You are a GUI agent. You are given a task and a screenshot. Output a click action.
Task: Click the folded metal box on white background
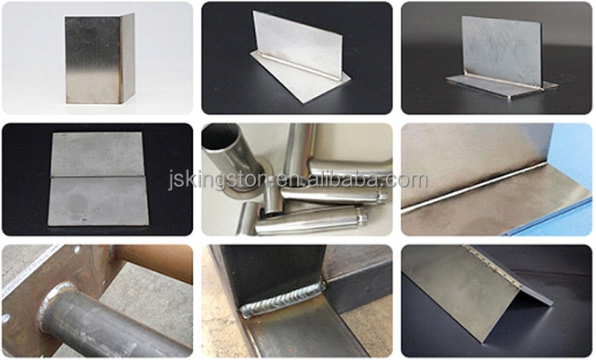pos(100,59)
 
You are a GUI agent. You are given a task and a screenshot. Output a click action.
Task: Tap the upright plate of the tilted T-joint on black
pos(297,44)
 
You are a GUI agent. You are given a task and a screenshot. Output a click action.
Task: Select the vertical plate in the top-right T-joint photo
pos(501,49)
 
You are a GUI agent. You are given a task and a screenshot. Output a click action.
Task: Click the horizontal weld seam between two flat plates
pos(97,177)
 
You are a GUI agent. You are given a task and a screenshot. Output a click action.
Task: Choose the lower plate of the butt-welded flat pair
pos(98,201)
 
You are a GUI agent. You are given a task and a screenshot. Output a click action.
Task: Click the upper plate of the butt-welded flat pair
pos(97,154)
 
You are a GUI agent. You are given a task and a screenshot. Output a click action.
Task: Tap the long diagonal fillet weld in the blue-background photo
pos(474,186)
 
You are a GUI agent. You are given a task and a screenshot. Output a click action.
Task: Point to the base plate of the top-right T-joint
pos(503,86)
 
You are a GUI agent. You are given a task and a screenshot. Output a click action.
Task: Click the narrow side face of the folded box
pos(127,57)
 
